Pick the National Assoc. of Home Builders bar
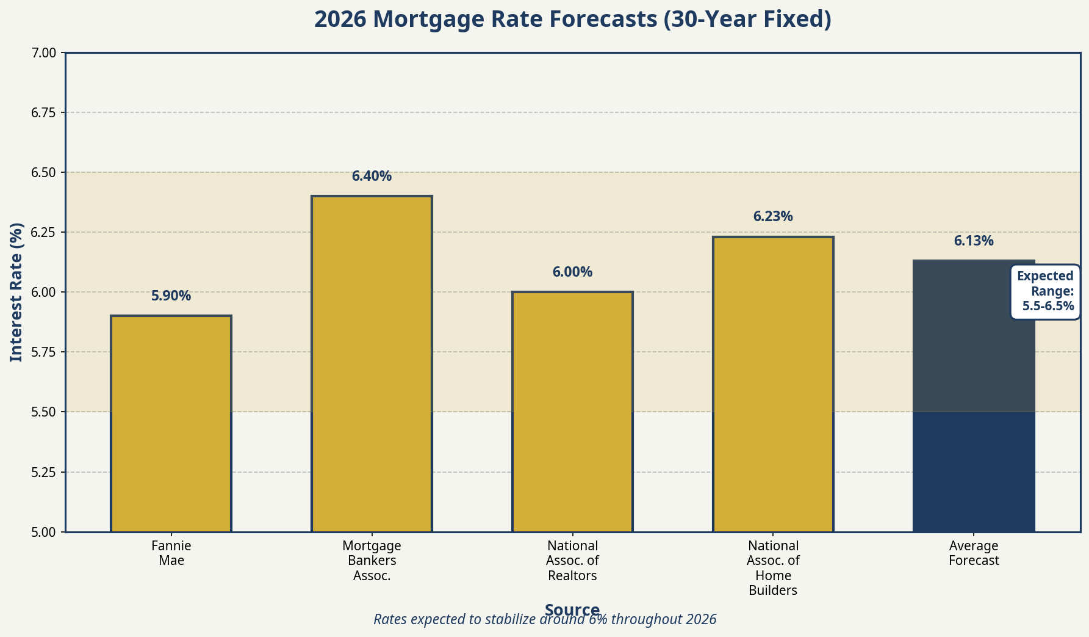(773, 384)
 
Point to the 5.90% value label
(171, 296)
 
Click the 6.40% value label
(372, 177)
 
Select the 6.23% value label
(773, 217)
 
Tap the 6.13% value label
(974, 241)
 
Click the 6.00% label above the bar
(572, 272)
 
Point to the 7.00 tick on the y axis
(43, 53)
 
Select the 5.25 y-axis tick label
(43, 472)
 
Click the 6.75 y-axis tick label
(43, 113)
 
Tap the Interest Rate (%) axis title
(16, 292)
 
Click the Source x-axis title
(572, 609)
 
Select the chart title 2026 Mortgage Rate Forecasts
(572, 20)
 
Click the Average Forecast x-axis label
(974, 553)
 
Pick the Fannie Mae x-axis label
(171, 553)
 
